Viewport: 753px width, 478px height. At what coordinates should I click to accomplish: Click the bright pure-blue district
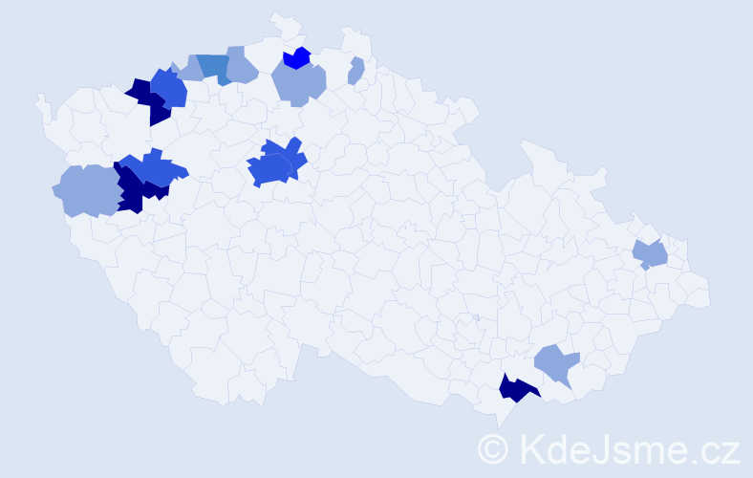pos(298,57)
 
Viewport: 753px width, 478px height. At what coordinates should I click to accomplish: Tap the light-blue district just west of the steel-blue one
pos(190,70)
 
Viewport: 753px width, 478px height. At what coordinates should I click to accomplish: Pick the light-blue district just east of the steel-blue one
pos(242,65)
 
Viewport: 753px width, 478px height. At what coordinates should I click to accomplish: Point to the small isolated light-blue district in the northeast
pos(355,71)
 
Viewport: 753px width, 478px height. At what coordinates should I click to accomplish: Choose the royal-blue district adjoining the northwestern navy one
pos(169,89)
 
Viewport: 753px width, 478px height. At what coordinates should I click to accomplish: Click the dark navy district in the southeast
pos(516,389)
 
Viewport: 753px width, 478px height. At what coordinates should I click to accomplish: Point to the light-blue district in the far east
pos(651,254)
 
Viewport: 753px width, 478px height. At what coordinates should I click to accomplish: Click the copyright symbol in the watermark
pos(492,447)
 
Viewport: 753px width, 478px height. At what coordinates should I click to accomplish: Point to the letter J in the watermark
pos(595,447)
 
